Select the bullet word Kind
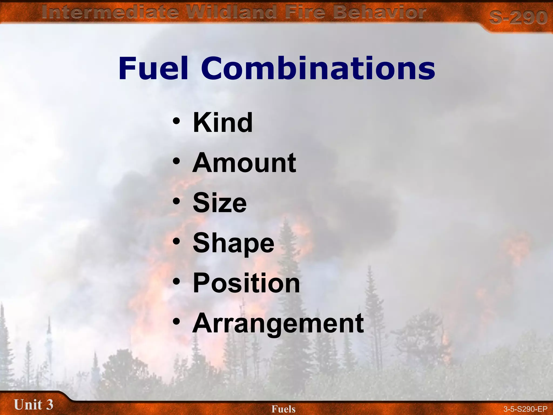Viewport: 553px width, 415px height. (223, 123)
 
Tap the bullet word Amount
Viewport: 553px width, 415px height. (244, 163)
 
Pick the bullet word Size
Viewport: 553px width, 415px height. (220, 203)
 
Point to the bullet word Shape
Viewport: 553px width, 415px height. (234, 243)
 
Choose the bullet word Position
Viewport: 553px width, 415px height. (246, 283)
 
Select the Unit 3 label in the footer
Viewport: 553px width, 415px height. (33, 404)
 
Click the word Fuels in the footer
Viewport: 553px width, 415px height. (283, 409)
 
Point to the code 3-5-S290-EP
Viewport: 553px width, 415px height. (525, 409)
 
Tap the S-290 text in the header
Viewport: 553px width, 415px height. (518, 18)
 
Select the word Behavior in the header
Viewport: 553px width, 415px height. (379, 12)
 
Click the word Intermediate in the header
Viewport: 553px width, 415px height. (110, 12)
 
